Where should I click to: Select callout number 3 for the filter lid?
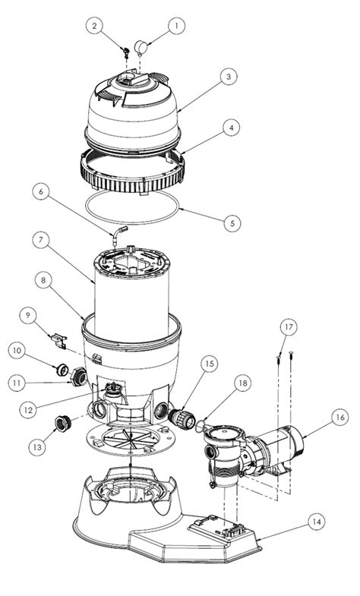(227, 77)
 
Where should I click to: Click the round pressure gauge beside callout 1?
(142, 47)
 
